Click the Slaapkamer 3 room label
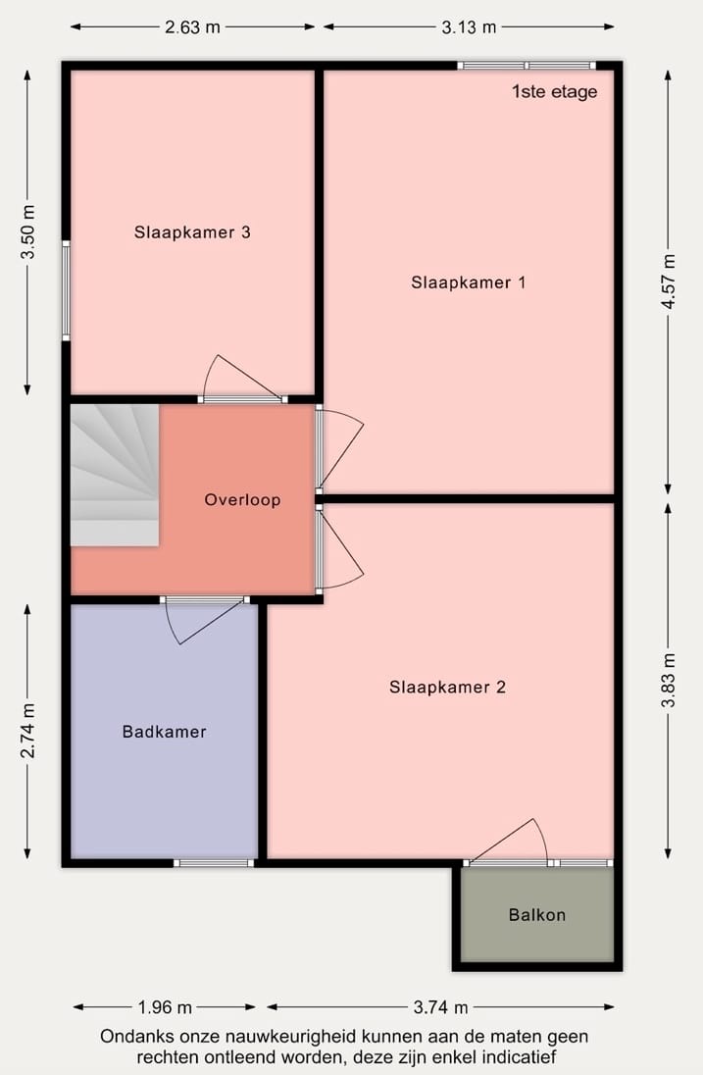192,232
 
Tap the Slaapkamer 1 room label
469,282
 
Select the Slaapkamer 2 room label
447,687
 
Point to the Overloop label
242,499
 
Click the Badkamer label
164,731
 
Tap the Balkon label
536,915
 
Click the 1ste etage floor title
554,92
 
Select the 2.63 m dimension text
192,27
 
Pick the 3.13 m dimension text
469,27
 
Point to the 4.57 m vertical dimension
669,282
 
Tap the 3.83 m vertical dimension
669,681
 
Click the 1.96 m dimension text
164,1007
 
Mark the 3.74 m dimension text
440,1007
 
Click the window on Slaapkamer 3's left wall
66,290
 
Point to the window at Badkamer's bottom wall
214,863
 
